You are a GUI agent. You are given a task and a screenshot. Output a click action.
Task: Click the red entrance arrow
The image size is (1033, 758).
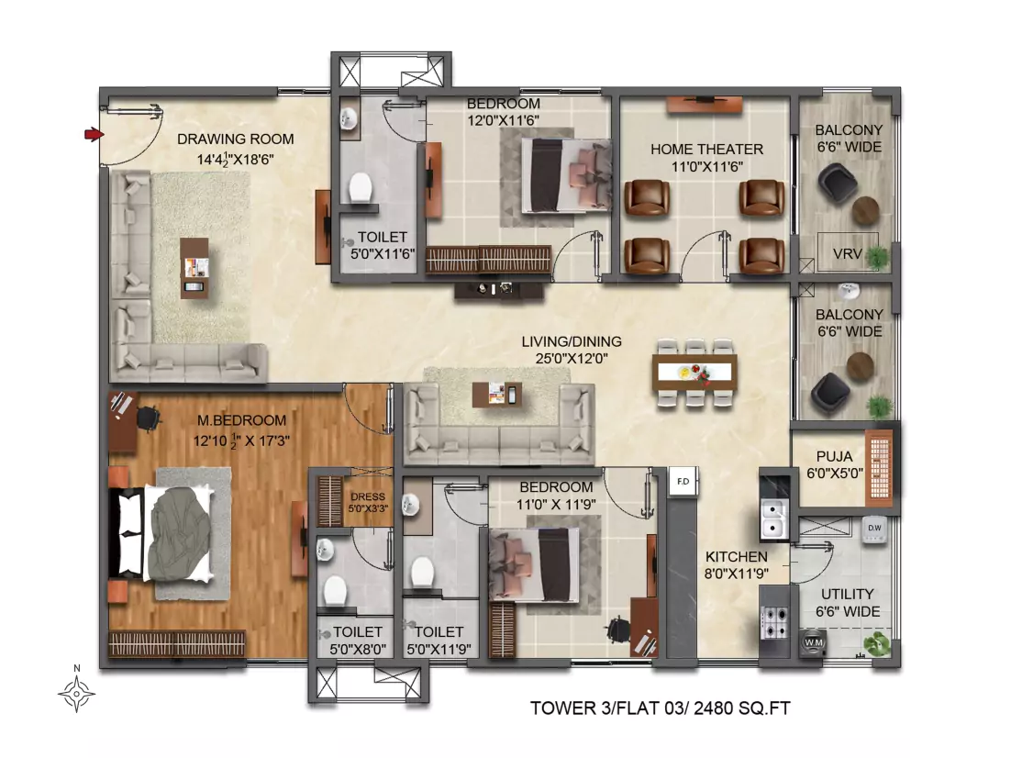click(94, 135)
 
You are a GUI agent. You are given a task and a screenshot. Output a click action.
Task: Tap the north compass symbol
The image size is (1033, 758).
click(76, 693)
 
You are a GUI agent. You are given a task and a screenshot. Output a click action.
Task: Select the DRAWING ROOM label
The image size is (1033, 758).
click(235, 139)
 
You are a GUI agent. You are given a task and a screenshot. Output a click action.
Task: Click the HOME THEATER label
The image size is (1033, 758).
click(707, 150)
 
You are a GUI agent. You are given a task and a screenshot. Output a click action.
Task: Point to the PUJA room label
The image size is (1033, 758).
click(834, 457)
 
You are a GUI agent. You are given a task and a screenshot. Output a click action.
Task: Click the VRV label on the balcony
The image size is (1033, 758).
click(847, 254)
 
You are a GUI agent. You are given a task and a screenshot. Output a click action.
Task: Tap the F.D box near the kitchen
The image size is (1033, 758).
click(683, 482)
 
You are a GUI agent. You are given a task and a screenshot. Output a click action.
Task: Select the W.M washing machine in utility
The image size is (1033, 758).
click(814, 642)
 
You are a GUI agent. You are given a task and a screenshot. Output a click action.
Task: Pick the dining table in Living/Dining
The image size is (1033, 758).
click(694, 373)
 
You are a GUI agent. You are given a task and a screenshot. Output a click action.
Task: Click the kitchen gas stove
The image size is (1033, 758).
click(774, 622)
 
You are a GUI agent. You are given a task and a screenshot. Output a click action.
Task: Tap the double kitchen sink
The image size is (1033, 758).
click(774, 518)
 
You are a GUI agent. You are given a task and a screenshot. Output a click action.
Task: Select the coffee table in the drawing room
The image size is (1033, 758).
click(195, 268)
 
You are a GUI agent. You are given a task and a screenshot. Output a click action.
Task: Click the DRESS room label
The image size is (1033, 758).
click(368, 497)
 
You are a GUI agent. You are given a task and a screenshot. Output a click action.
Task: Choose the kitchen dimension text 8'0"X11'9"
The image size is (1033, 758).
click(736, 574)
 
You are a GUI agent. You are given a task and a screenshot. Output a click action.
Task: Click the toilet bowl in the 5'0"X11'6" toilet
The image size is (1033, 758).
click(360, 188)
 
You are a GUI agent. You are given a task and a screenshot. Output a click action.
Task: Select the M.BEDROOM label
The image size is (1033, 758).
click(242, 420)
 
